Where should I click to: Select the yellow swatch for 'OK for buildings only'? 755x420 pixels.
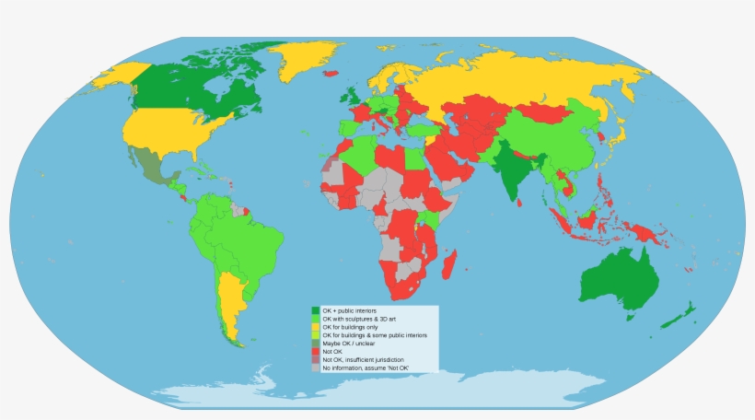tap(316, 327)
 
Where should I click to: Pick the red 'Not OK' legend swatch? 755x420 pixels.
tap(316, 352)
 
